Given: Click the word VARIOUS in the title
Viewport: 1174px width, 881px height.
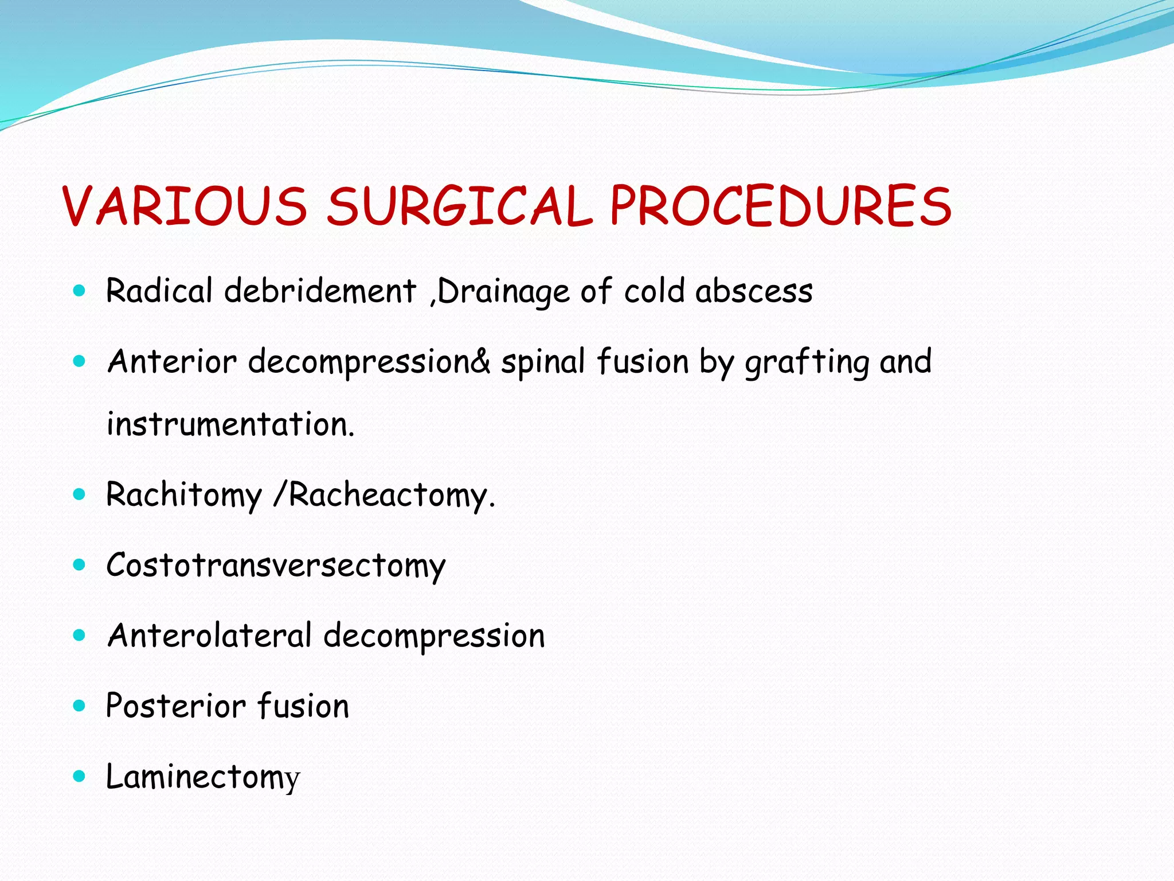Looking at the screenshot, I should (x=185, y=206).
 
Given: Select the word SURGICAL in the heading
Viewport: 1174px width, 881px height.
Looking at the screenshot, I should (x=459, y=206).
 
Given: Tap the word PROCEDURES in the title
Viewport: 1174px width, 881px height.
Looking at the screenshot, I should (x=780, y=206).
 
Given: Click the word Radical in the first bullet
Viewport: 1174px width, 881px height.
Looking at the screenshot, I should (x=159, y=290).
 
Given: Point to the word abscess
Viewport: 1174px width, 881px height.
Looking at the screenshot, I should (x=754, y=291).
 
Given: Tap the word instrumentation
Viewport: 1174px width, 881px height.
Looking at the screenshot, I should (x=230, y=424).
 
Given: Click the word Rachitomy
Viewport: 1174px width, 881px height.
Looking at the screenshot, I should (x=184, y=494).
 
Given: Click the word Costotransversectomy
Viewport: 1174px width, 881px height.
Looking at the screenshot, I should (x=276, y=566).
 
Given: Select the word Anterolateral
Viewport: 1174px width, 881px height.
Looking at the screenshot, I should (x=210, y=636).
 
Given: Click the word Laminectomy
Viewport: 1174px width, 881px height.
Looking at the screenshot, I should (x=203, y=777).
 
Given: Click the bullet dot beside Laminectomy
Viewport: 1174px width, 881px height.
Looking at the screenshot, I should (x=80, y=777).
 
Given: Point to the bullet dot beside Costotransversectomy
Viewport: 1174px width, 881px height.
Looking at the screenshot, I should (x=80, y=565).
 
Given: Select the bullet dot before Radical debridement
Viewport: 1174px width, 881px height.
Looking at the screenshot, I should (x=80, y=291).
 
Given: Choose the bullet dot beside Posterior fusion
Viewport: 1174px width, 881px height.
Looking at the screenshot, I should (x=80, y=706).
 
